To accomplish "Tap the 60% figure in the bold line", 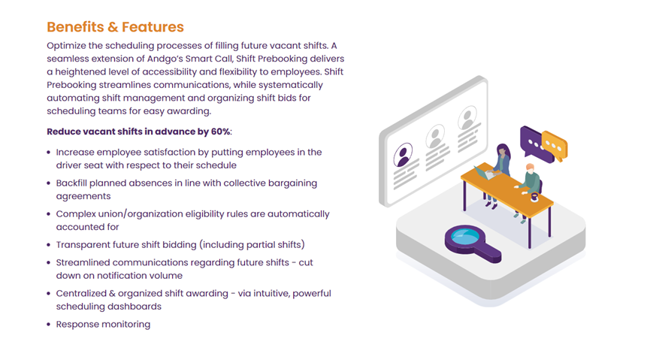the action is point(219,132).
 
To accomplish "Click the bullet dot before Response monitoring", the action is point(49,325).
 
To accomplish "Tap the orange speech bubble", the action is point(554,145).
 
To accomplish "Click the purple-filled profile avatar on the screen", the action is point(404,156).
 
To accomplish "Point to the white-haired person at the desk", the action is point(531,180).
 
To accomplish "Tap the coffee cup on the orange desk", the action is point(534,197).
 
